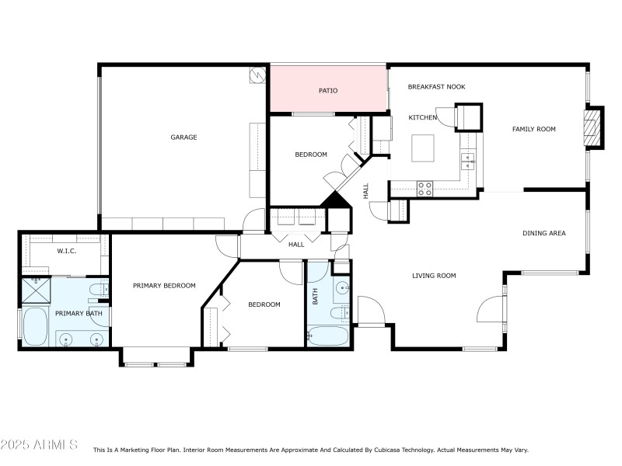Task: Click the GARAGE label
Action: pyautogui.click(x=183, y=137)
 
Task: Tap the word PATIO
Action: pyautogui.click(x=328, y=91)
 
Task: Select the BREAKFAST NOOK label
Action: pyautogui.click(x=436, y=87)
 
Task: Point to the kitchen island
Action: pyautogui.click(x=424, y=147)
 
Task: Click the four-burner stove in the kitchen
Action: pyautogui.click(x=425, y=187)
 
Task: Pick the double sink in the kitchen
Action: pyautogui.click(x=468, y=161)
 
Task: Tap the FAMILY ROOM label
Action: pyautogui.click(x=533, y=129)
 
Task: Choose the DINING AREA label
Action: pyautogui.click(x=543, y=233)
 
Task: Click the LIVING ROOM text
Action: pyautogui.click(x=433, y=276)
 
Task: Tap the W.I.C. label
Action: pyautogui.click(x=65, y=251)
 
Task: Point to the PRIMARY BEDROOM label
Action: pyautogui.click(x=163, y=286)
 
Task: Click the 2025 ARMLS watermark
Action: pyautogui.click(x=39, y=445)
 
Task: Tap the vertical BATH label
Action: pyautogui.click(x=315, y=296)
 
